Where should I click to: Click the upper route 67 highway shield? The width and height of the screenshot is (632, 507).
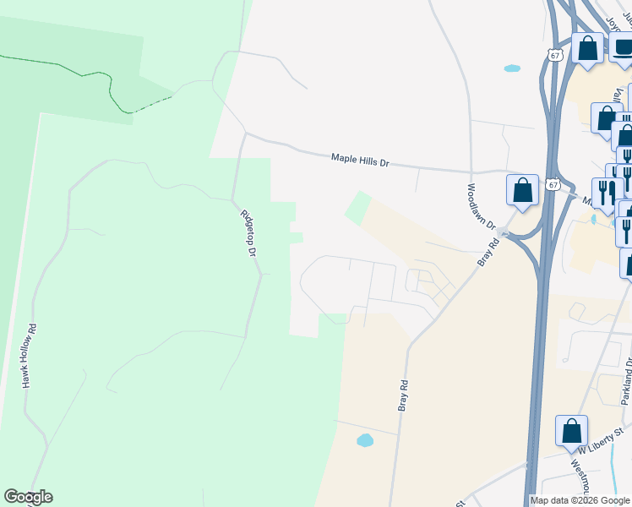point(554,55)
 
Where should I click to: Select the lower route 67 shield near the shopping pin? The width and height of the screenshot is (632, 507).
point(553,184)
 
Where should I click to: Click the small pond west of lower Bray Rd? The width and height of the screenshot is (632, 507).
point(365,440)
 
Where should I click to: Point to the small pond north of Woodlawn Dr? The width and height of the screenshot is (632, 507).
point(512,68)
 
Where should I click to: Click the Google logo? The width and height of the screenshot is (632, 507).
point(29,497)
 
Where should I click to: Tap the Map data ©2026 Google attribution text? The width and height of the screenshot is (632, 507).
point(580,500)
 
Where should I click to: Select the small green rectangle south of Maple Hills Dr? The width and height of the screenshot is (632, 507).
point(358,208)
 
